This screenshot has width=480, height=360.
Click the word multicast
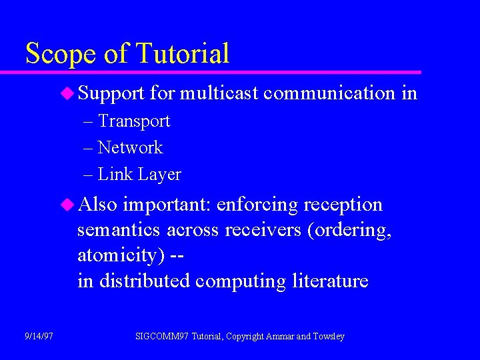pyautogui.click(x=219, y=93)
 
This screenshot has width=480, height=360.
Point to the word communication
pyautogui.click(x=329, y=93)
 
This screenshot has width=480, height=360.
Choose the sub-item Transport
pyautogui.click(x=134, y=121)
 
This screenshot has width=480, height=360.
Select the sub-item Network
pyautogui.click(x=130, y=148)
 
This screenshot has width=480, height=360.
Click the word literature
pyautogui.click(x=330, y=281)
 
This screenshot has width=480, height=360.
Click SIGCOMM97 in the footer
pyautogui.click(x=162, y=337)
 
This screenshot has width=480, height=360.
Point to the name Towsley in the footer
pyautogui.click(x=329, y=337)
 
